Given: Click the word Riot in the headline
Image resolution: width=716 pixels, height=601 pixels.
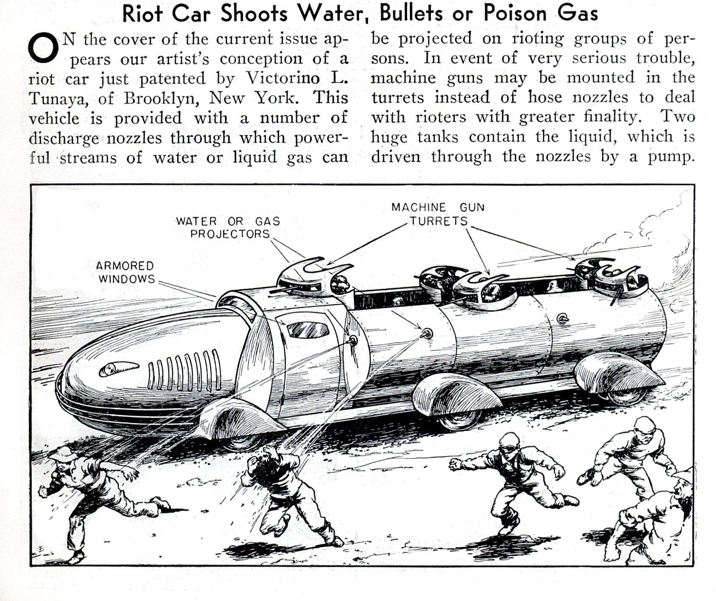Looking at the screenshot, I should coord(142,14).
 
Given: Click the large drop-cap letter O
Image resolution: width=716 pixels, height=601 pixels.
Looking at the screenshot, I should coord(43,47).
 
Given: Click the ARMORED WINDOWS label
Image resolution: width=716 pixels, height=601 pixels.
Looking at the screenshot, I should coord(125,272).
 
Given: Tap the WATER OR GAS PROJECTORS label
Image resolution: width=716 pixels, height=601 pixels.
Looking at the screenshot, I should coord(228,227).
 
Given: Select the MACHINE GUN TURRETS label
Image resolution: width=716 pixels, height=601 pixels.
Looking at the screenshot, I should coord(438,214).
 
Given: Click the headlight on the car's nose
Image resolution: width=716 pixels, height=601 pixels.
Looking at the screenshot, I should coord(118,369).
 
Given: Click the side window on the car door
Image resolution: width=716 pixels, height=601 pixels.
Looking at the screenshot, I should coord(308,329).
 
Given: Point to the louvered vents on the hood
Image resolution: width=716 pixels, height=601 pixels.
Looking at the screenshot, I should coord(185,369).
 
